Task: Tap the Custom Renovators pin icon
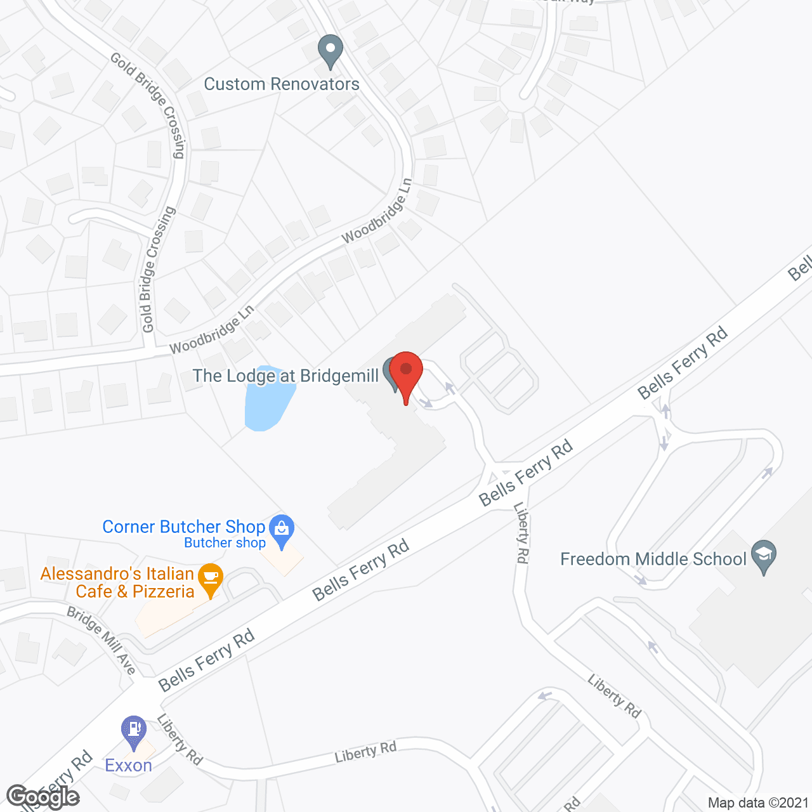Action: coord(330,51)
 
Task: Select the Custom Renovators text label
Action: coord(282,84)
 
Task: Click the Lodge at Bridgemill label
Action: coord(285,376)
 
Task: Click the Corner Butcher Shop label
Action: coord(183,527)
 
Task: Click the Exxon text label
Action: coord(129,766)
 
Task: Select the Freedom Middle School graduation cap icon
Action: coord(764,556)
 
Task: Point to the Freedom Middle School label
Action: coord(653,560)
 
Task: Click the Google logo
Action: coord(43,796)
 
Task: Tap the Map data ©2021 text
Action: coord(758,803)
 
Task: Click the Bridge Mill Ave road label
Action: coord(101,641)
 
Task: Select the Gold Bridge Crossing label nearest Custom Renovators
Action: coord(148,105)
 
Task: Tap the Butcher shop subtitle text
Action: coord(225,543)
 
